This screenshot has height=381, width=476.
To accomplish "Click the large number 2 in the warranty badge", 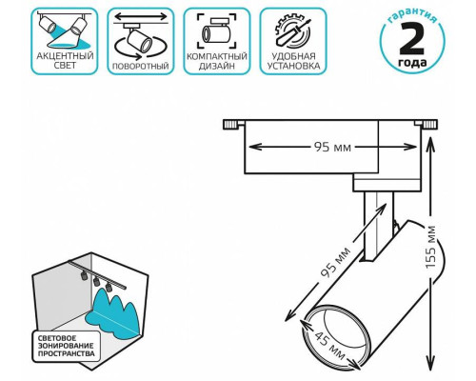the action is click(x=412, y=39).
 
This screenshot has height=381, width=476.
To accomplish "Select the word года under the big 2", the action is click(x=412, y=62).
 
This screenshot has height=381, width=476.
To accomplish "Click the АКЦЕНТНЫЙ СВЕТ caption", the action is click(x=65, y=61).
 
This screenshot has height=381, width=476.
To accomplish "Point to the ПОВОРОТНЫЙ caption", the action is click(x=141, y=66).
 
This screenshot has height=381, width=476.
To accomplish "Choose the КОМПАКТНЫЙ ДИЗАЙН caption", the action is click(x=217, y=61).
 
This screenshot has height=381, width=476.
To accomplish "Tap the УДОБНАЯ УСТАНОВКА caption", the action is click(x=293, y=61).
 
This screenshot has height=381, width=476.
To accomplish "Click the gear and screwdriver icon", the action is click(x=293, y=32).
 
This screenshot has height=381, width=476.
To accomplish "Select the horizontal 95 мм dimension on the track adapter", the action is click(x=332, y=147).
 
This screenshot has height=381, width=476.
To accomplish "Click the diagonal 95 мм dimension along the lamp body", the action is click(x=336, y=262).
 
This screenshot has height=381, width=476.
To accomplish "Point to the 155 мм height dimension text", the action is click(x=431, y=247).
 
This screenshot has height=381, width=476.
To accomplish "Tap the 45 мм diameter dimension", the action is click(x=329, y=345).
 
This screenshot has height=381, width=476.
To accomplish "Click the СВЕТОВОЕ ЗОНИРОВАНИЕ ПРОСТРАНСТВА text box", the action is click(x=66, y=346).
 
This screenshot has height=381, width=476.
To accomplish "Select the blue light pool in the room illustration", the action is click(x=114, y=315).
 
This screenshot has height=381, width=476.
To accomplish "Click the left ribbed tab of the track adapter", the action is click(x=230, y=124).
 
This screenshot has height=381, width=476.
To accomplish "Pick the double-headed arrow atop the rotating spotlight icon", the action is click(x=140, y=16).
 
